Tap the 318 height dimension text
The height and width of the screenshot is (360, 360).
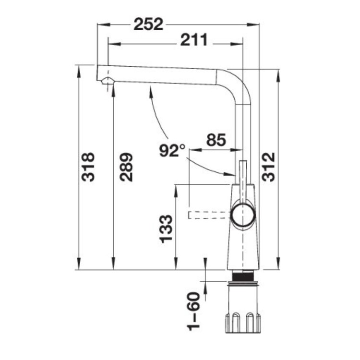coord(88,167)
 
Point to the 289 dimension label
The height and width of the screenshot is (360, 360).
coord(126,167)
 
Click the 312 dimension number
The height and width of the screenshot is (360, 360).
coord(269,167)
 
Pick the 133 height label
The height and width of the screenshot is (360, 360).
coord(166,228)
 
